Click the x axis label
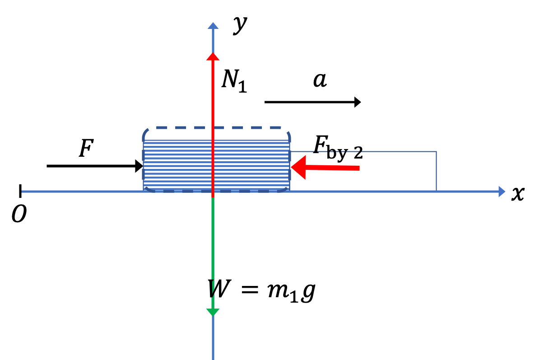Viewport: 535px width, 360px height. (517, 193)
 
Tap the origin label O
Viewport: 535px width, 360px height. (19, 214)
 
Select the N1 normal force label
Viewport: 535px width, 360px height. (234, 81)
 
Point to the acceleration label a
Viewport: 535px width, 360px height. (320, 80)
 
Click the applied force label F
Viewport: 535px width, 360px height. (86, 149)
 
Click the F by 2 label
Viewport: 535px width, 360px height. (338, 148)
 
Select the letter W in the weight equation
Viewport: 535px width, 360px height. (219, 289)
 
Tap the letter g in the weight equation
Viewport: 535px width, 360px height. (308, 292)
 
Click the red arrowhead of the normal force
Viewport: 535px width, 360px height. (213, 56)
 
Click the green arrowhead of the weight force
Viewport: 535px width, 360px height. (213, 312)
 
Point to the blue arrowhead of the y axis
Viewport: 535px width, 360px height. (213, 26)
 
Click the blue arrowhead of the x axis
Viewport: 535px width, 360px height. (502, 192)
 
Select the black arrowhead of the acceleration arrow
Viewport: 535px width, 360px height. (358, 102)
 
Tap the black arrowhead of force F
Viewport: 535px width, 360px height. (139, 166)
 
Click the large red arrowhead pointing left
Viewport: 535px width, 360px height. (298, 168)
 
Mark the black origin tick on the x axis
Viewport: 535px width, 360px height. (20, 191)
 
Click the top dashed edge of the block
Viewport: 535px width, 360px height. (217, 128)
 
